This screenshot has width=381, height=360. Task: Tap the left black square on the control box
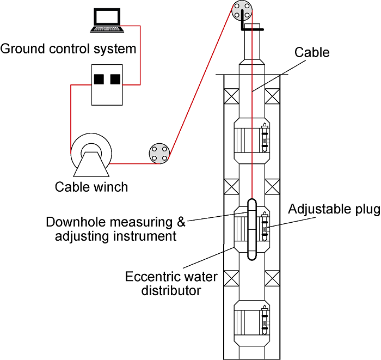99,80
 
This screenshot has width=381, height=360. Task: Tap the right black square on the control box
115,80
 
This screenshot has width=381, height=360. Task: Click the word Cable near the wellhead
312,52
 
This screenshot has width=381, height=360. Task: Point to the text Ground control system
68,48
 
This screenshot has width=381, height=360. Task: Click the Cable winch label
91,187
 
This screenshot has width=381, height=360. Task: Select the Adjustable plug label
334,210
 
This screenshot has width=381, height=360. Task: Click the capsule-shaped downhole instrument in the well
252,229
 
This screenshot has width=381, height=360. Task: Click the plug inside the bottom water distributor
265,322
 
